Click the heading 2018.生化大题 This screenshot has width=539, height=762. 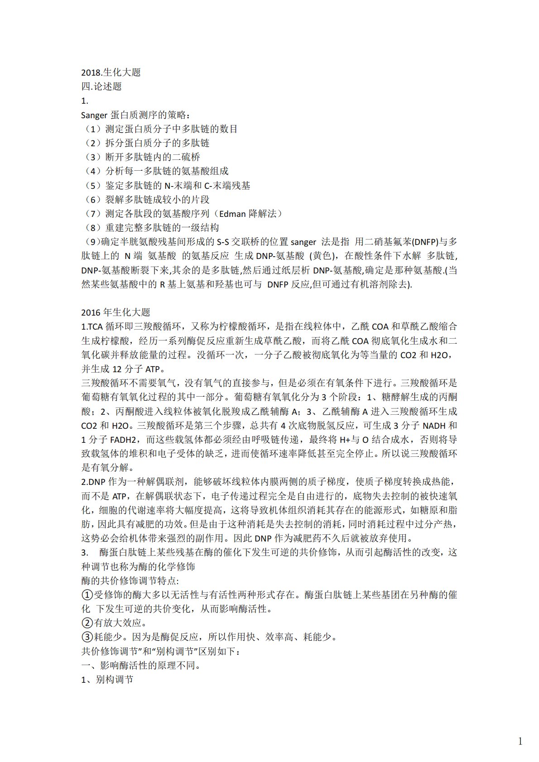(111, 72)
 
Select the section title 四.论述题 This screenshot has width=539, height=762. (101, 86)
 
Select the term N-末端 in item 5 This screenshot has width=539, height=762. (179, 186)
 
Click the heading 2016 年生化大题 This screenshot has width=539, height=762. (115, 312)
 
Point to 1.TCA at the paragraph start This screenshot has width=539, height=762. (92, 326)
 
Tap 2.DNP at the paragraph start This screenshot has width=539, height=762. (93, 482)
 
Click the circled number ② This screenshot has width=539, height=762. (87, 623)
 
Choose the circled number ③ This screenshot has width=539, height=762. (87, 637)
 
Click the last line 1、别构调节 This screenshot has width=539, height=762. (107, 680)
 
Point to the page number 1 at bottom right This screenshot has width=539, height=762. (520, 742)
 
